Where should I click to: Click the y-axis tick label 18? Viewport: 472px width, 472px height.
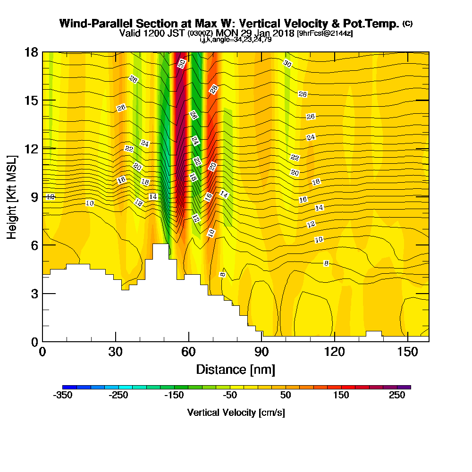(31, 52)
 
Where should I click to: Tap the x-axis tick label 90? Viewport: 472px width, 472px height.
(261, 353)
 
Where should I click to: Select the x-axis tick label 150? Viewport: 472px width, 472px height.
(407, 353)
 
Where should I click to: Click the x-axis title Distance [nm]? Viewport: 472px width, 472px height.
(236, 369)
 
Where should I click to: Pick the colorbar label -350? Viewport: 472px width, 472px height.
(63, 396)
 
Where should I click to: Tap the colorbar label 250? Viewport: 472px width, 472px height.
(397, 396)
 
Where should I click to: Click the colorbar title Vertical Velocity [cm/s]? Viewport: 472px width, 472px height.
(236, 413)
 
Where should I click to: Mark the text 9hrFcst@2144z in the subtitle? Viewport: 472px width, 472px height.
(325, 34)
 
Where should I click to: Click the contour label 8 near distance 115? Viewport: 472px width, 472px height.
(326, 263)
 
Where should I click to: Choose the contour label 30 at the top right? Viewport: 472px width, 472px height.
(287, 64)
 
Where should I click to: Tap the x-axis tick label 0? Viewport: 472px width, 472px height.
(42, 353)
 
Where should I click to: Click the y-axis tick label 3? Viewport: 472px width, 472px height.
(34, 294)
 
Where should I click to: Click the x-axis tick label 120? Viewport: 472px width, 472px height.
(334, 353)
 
